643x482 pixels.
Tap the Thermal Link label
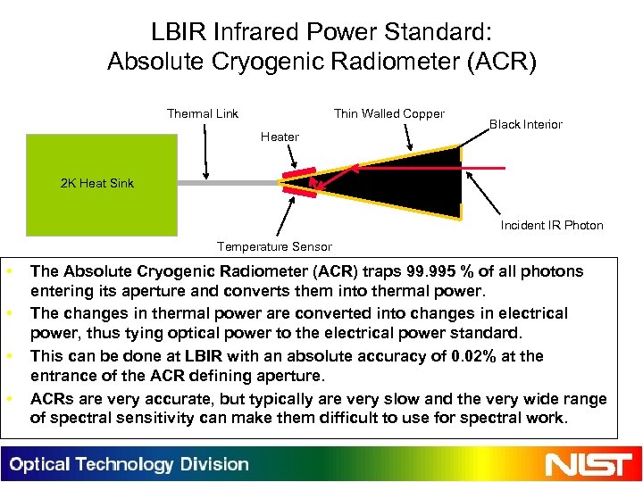pos(203,113)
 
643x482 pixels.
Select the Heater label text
pos(280,137)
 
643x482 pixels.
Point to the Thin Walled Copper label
pos(388,113)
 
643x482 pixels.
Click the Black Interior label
pos(525,124)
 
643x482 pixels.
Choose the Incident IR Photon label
pos(551,225)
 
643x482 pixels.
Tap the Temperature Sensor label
pos(274,246)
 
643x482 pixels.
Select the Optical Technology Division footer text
pos(129,464)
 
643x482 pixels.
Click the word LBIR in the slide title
pos(181,33)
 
